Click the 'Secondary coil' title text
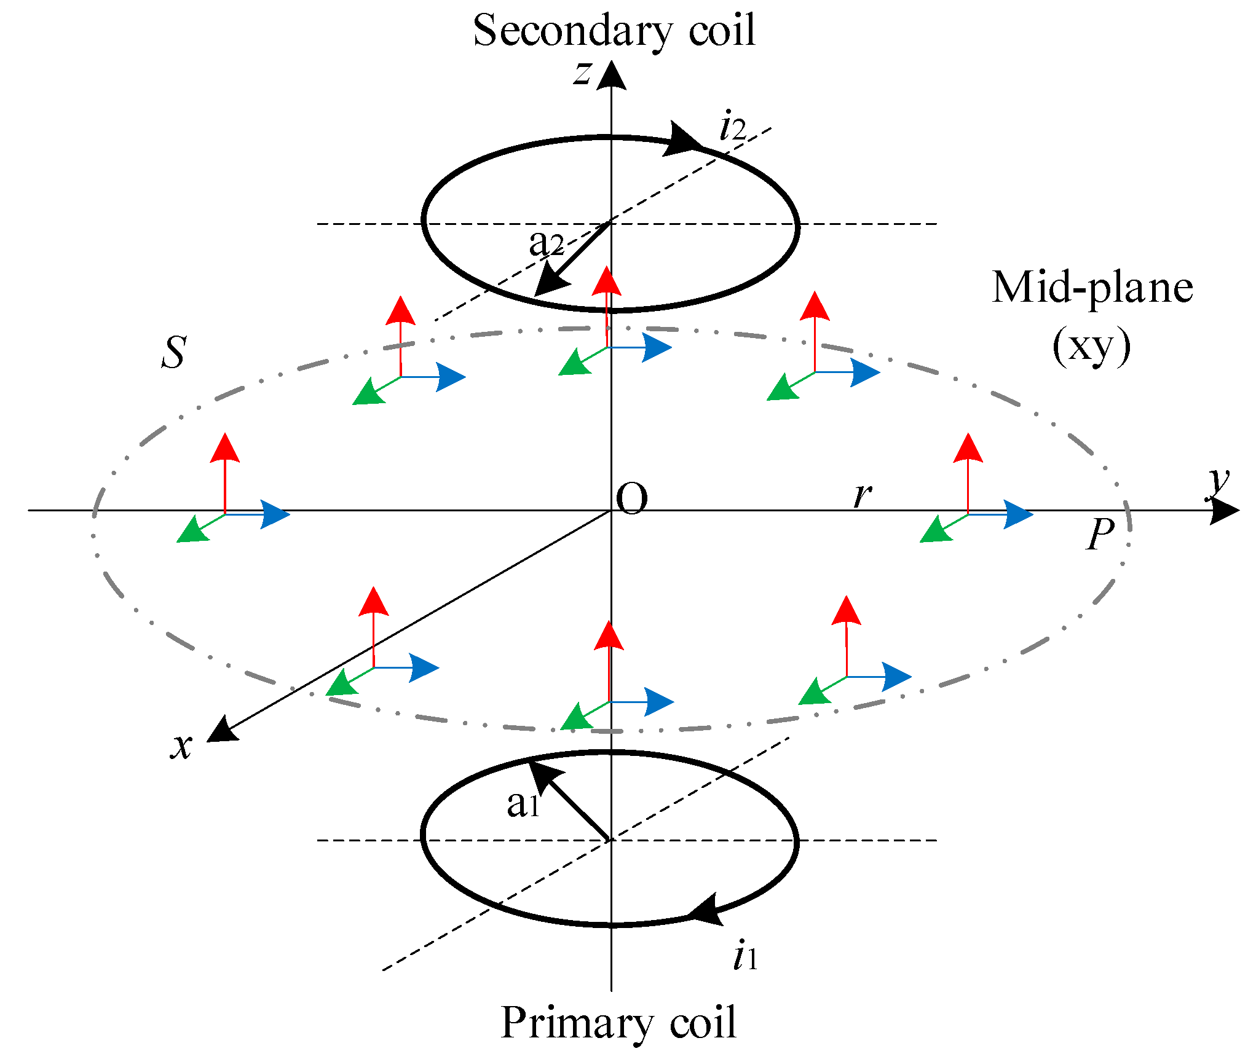tap(614, 31)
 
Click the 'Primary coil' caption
tap(618, 1023)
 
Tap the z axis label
tap(582, 73)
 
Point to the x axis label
tap(181, 746)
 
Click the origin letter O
tap(632, 498)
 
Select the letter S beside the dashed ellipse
tap(174, 353)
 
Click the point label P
tap(1100, 534)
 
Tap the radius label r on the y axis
tap(863, 495)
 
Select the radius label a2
tap(546, 243)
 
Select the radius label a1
tap(523, 804)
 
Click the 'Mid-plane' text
tap(1092, 288)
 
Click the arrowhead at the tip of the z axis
tap(611, 76)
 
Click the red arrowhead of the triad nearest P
tap(968, 448)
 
